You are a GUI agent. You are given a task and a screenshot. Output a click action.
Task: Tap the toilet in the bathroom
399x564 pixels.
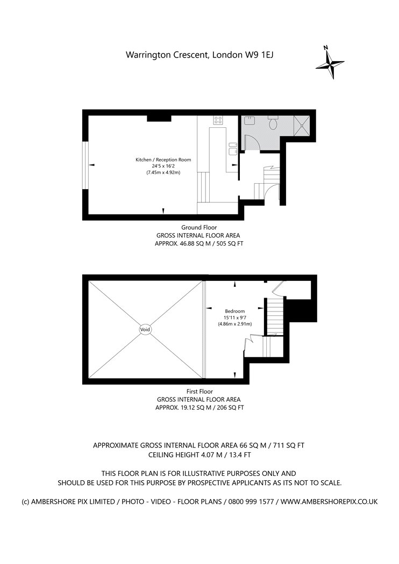coord(273,122)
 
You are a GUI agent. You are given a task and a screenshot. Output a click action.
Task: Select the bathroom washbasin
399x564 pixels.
coord(248,120)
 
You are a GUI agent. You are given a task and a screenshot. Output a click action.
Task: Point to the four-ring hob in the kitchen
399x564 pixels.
coord(218,120)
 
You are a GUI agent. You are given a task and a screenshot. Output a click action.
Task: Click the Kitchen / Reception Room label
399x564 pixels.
coord(163,160)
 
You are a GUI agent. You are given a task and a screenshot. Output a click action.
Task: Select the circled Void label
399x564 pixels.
coord(146,329)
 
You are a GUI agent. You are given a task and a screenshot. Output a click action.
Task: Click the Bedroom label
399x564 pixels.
coord(235,311)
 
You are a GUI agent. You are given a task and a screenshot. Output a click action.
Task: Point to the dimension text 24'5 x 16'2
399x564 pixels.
coord(163,166)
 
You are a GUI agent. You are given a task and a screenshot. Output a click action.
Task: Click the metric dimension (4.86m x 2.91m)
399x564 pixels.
coord(235,324)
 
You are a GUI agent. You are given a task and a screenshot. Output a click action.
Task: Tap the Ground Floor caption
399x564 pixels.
coord(199,227)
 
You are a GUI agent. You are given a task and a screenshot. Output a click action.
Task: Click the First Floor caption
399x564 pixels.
coord(199,392)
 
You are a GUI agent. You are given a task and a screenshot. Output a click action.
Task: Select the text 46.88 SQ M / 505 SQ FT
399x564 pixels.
coord(212,244)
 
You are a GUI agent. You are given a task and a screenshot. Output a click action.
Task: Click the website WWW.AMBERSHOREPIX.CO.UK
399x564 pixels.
coord(329,501)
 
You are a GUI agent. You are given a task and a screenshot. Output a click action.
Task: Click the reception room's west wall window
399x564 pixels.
coord(85,165)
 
